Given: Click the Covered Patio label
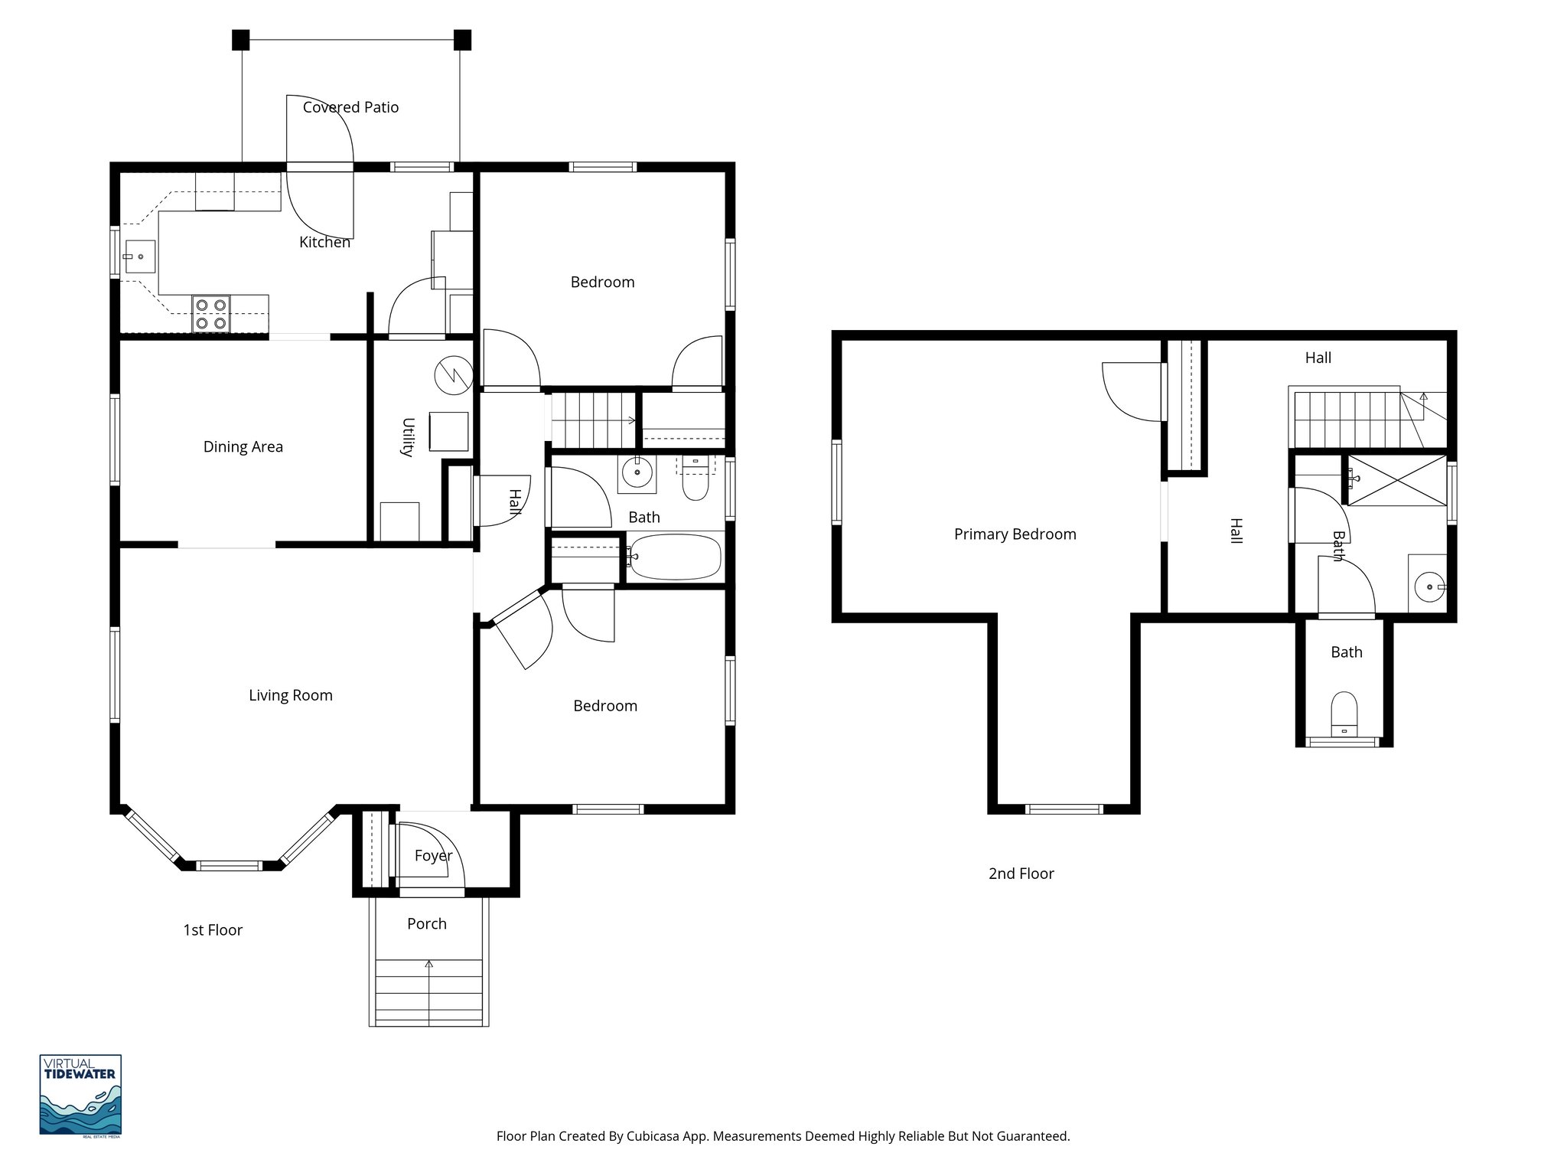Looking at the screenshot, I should [350, 107].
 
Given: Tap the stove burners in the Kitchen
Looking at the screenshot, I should [211, 314].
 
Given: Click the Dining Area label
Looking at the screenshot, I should [243, 446].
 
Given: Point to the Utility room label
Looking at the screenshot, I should [407, 437].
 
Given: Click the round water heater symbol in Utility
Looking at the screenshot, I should [453, 375].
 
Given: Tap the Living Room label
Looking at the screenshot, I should [290, 695].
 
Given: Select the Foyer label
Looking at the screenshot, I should [433, 855].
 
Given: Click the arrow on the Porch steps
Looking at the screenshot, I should [429, 965].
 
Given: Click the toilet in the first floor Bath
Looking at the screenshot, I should [696, 479].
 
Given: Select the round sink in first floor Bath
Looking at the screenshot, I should [637, 473].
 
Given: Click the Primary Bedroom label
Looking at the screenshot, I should [1015, 534].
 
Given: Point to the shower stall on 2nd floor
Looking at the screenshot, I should [1397, 480].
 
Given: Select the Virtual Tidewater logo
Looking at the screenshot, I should [80, 1095].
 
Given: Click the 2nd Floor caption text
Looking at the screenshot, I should [1021, 874].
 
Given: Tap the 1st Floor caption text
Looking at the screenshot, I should [213, 930].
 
